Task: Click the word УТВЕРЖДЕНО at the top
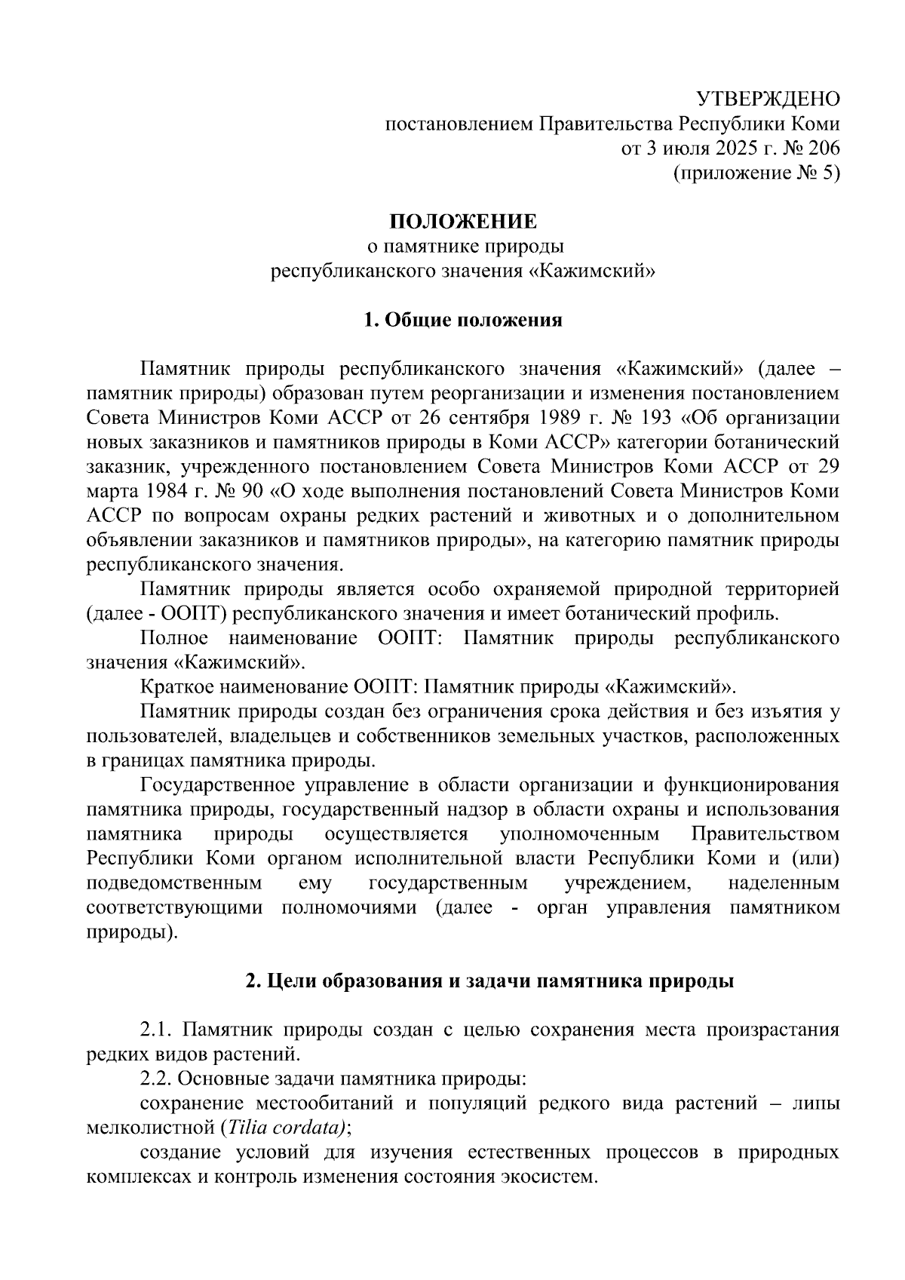(x=767, y=99)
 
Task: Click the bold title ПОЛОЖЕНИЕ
(x=462, y=222)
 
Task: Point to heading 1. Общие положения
(x=462, y=320)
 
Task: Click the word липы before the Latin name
(x=815, y=1103)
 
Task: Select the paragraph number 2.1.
(x=157, y=1030)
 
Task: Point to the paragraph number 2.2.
(x=157, y=1079)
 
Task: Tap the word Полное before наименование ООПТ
(x=173, y=638)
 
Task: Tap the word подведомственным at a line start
(x=174, y=882)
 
